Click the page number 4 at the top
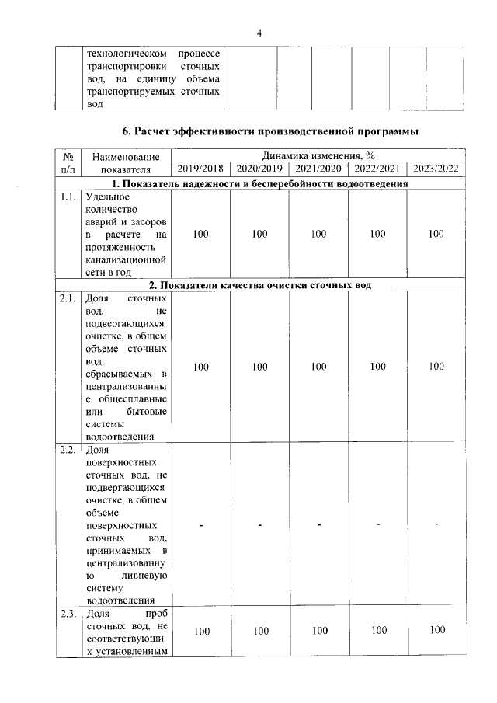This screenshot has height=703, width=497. [x=259, y=32]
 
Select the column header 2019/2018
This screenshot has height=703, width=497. [x=200, y=169]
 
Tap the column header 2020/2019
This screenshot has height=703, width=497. [x=259, y=169]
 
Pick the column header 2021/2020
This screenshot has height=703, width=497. [x=318, y=169]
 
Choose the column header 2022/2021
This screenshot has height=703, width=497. [x=377, y=169]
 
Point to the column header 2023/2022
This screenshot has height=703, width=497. [x=436, y=169]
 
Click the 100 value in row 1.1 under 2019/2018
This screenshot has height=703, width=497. [x=200, y=234]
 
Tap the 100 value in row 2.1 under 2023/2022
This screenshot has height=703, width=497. [x=436, y=367]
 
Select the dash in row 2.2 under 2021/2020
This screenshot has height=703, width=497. [x=318, y=526]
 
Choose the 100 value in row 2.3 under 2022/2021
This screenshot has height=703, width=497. [x=378, y=630]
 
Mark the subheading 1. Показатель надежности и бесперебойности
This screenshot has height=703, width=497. [x=259, y=183]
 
